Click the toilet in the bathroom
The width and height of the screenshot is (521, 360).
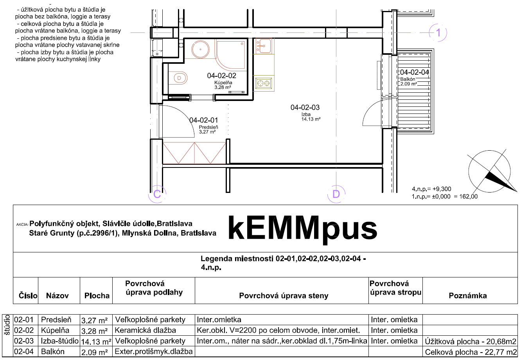coord(178,78)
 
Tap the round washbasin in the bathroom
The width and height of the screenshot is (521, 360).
coord(201,49)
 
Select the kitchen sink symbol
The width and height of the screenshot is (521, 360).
coord(264,46)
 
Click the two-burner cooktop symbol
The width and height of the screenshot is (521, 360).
coord(264,83)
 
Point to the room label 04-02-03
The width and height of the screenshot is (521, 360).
coord(305,108)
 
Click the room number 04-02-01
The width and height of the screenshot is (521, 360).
coord(203,120)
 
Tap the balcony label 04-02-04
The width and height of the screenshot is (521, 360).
coord(415,72)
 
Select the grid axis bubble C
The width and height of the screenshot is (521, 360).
coord(157,194)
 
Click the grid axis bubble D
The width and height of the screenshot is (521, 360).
coord(336,194)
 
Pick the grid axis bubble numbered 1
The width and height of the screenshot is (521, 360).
coord(438,32)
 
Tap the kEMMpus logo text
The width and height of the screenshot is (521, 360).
coord(303,229)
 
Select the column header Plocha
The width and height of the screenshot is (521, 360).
coord(97,295)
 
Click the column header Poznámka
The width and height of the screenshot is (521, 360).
coord(468,295)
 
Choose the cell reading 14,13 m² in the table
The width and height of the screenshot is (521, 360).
coord(96,342)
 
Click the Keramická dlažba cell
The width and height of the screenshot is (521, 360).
coord(145,330)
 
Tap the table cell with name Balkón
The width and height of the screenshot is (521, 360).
coord(52,351)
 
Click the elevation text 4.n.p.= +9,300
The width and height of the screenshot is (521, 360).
coord(431,189)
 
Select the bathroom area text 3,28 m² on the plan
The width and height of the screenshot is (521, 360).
coord(223,87)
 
